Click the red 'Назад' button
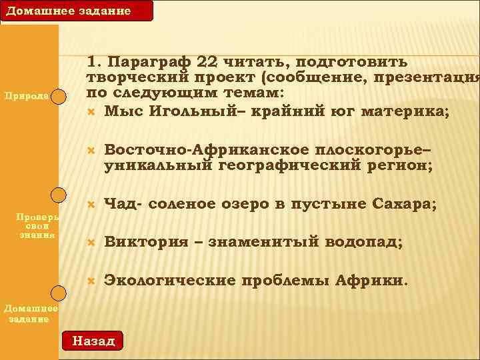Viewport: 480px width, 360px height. click(x=93, y=340)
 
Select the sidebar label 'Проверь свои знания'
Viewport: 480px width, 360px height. click(x=39, y=226)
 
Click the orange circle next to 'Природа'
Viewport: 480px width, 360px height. click(x=60, y=95)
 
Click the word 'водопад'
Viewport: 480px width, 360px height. click(x=363, y=243)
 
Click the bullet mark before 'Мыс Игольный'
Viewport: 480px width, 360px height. click(x=92, y=111)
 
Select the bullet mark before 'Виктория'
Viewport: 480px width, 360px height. click(x=92, y=243)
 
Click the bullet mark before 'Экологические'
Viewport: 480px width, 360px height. click(x=92, y=281)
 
